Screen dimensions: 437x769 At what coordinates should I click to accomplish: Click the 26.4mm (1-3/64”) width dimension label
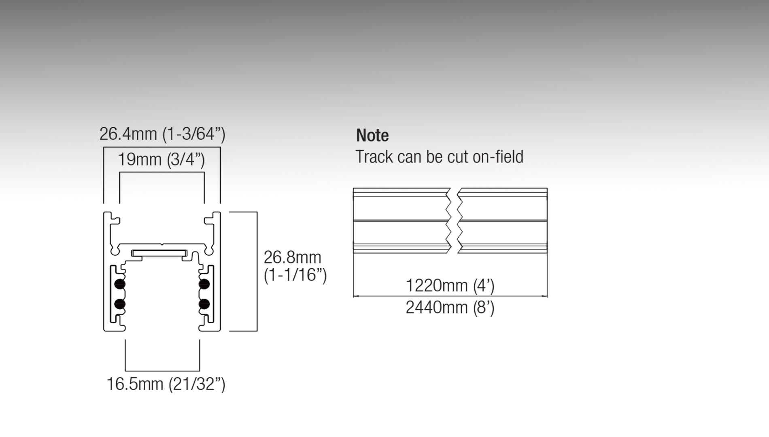point(162,134)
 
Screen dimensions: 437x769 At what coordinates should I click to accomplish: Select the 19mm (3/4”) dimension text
point(161,159)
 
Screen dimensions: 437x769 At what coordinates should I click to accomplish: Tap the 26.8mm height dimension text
point(292,257)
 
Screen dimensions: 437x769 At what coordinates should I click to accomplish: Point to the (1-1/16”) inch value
point(295,275)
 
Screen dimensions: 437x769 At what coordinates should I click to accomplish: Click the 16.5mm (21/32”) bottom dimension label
point(166,384)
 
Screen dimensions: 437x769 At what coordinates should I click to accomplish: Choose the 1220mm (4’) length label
point(450,286)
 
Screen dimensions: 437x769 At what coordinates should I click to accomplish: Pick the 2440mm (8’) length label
point(450,308)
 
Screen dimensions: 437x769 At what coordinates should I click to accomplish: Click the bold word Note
point(372,135)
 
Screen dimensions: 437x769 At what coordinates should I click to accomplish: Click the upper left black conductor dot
point(120,284)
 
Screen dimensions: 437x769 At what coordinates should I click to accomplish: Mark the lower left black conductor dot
point(120,304)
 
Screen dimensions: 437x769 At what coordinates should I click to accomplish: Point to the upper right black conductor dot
point(204,284)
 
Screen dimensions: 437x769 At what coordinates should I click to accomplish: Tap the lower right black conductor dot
point(204,304)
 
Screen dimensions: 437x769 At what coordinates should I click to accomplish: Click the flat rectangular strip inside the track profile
point(159,254)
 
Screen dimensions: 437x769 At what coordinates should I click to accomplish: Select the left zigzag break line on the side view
point(448,221)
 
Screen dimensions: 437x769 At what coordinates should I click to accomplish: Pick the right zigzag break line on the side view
point(460,221)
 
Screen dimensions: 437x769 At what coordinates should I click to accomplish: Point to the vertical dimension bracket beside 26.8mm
point(257,271)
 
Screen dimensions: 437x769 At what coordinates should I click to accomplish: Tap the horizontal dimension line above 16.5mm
point(162,371)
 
